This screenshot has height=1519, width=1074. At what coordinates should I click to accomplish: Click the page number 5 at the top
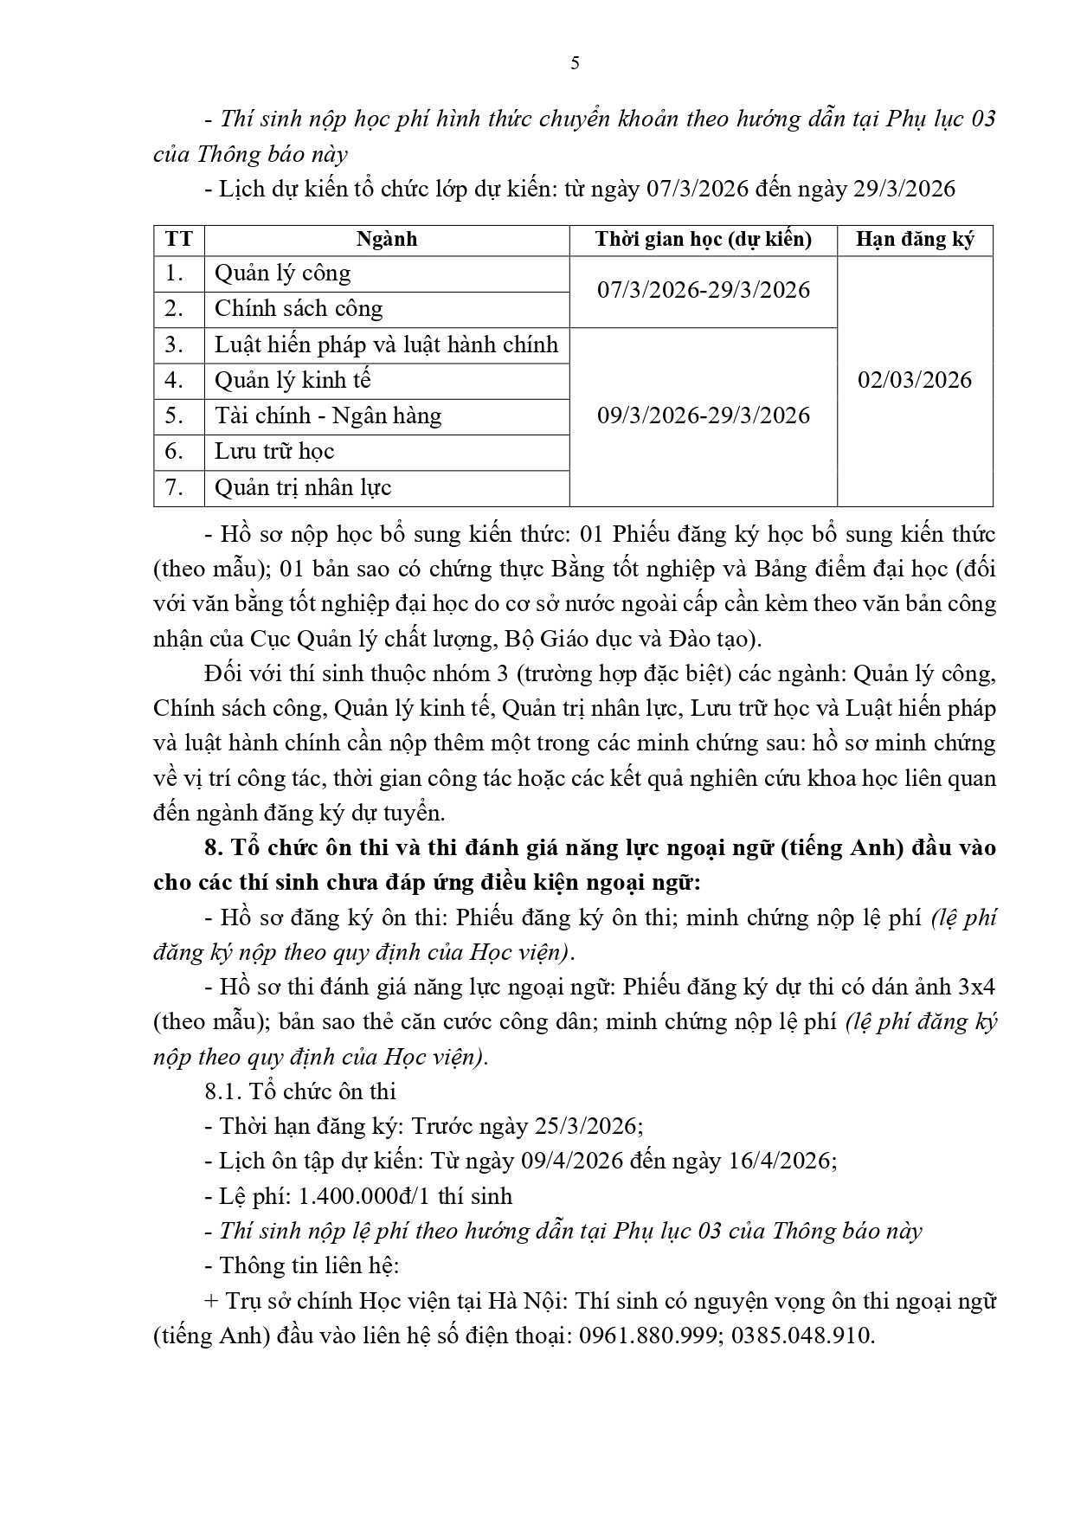576,63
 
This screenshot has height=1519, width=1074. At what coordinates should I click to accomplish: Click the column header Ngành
386,240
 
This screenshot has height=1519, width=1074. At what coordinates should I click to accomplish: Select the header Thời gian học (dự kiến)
703,240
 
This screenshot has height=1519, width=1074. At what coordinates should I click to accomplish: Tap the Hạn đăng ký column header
915,240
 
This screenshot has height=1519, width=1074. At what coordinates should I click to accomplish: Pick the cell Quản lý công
283,274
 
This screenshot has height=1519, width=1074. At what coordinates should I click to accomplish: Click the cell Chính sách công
299,309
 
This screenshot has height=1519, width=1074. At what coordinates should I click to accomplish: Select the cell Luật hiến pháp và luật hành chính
386,345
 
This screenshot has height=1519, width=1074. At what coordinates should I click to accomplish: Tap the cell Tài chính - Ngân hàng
328,416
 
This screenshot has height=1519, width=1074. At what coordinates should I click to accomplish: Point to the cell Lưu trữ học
274,452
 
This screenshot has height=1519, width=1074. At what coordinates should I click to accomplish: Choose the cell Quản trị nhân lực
303,488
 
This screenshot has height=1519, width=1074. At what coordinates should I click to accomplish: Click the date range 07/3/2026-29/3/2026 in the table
703,290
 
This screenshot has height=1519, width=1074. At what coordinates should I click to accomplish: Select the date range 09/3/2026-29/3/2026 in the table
703,415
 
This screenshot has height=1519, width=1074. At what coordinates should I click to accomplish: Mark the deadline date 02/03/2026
915,380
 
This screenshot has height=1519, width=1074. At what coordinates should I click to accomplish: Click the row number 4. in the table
175,381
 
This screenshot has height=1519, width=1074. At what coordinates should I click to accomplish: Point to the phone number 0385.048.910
801,1336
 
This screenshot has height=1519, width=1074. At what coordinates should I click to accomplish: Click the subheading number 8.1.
222,1091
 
